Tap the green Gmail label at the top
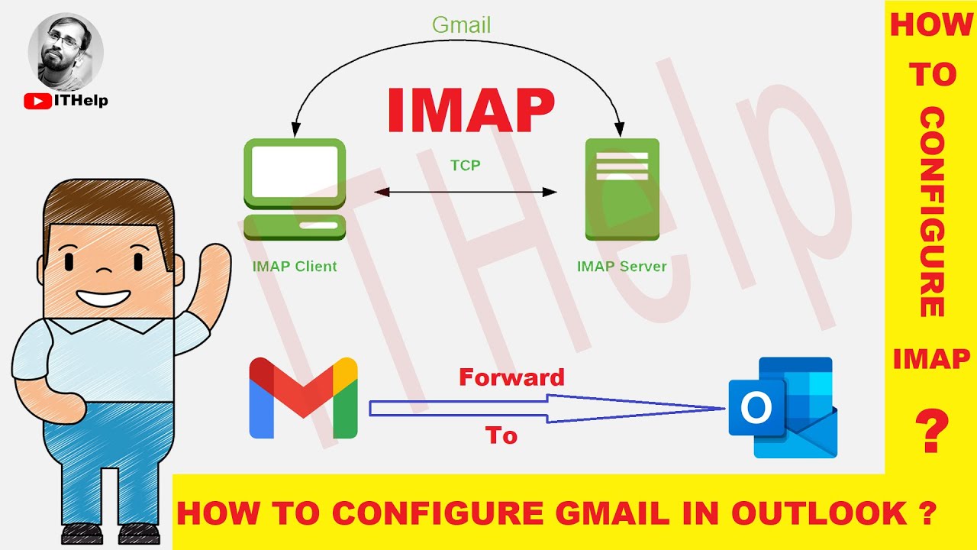(x=461, y=25)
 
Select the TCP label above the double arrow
(x=465, y=164)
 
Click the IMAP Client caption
(x=295, y=267)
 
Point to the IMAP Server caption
(x=621, y=267)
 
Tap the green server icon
(x=621, y=189)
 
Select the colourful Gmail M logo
(x=303, y=397)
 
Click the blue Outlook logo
(x=782, y=407)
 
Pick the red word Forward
(x=511, y=377)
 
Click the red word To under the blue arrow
(x=501, y=435)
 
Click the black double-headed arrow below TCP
(x=465, y=192)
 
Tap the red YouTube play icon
(x=37, y=100)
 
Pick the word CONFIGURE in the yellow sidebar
(x=931, y=213)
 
